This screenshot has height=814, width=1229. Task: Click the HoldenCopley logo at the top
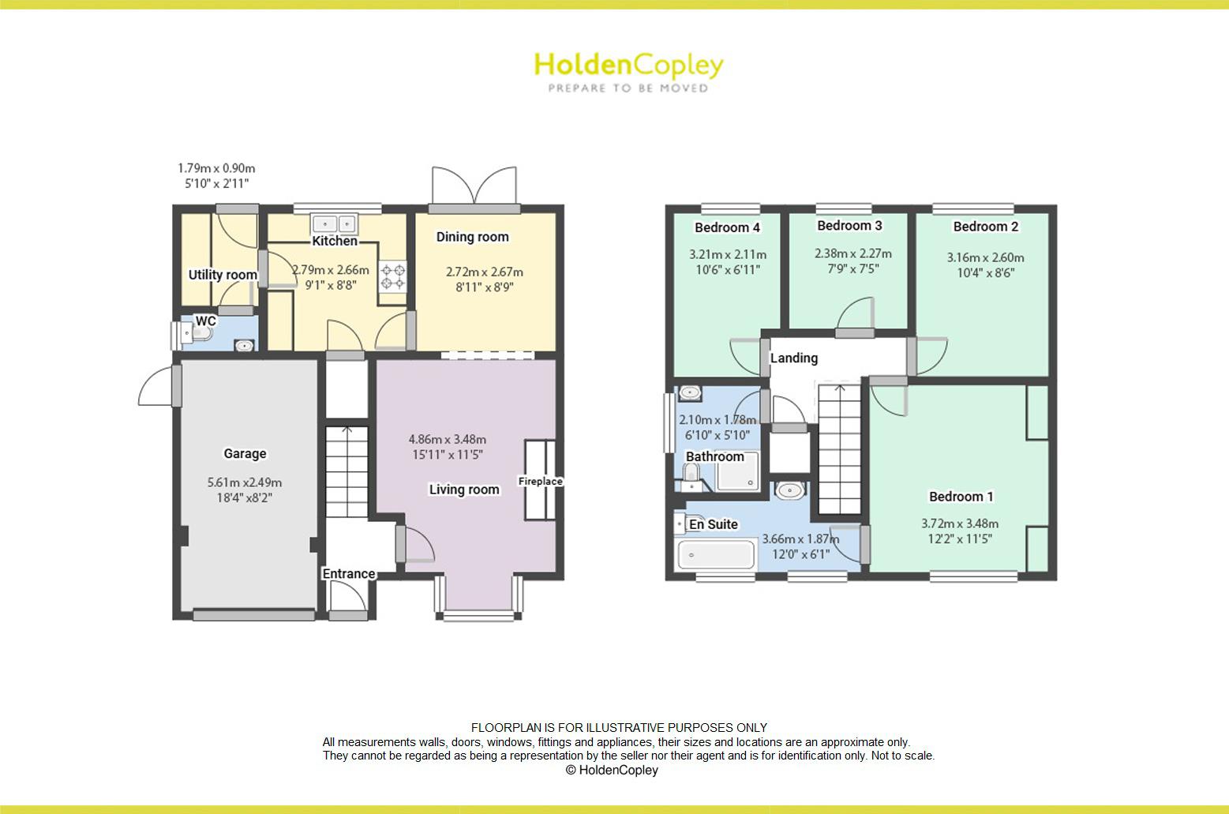coord(628,70)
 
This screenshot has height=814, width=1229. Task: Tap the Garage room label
coord(245,453)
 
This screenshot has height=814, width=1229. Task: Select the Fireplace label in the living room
coord(541,481)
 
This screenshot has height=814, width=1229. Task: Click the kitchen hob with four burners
coord(393,276)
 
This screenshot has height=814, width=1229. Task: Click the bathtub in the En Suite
coord(717,553)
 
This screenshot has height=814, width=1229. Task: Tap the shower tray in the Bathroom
coord(738,471)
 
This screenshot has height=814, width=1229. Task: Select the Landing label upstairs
coord(793,358)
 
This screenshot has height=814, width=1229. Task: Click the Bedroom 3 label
coord(849,226)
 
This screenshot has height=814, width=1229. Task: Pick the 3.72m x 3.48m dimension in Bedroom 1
coord(960,523)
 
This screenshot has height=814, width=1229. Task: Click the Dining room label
coord(472,237)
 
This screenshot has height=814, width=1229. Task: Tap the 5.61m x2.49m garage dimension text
coord(245,482)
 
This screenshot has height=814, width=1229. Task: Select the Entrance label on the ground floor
coord(348,574)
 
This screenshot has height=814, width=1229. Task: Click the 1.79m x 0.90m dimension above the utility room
coord(216,168)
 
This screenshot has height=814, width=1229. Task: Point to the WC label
coord(206,321)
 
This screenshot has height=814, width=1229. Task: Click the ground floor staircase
coord(347,471)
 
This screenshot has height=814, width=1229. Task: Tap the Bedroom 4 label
coord(727,228)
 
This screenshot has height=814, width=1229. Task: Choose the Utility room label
coord(223,275)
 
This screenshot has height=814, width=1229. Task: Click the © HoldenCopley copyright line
coord(612,770)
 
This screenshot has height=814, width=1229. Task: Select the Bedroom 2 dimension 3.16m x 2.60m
coord(985,257)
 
